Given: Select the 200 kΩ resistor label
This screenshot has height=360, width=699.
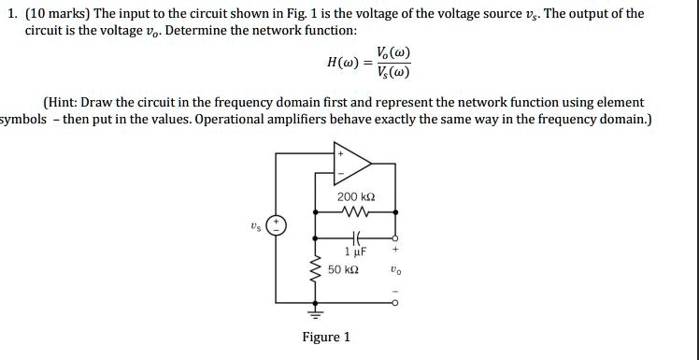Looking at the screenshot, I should [357, 197].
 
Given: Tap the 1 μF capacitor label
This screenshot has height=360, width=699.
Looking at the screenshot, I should [356, 252].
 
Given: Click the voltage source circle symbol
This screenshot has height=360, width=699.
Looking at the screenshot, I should [277, 226].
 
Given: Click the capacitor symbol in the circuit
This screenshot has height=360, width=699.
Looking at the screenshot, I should [356, 238].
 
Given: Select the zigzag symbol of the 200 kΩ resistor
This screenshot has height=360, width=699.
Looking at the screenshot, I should [357, 211].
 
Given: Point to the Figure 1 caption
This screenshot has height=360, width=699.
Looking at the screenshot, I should [326, 337].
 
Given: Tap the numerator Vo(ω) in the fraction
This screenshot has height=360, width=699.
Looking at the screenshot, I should [392, 53].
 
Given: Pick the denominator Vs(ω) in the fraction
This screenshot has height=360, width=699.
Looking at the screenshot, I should [392, 73].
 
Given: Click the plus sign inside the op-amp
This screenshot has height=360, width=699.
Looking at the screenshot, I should [340, 154].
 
